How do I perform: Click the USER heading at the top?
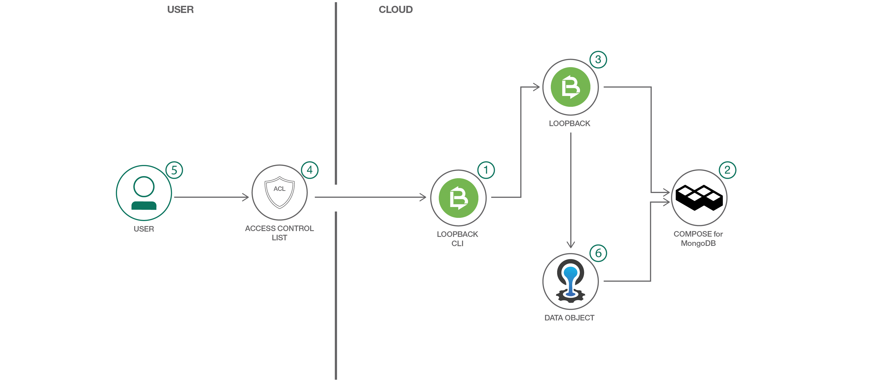tap(180, 10)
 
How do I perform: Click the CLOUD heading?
tap(395, 10)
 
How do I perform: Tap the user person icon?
tap(144, 193)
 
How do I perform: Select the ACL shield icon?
tap(279, 192)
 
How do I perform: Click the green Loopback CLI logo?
tap(458, 198)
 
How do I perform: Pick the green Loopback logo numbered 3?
tap(570, 87)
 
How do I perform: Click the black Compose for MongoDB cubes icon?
tap(699, 197)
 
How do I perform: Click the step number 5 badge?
tap(174, 170)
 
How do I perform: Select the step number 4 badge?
tap(310, 170)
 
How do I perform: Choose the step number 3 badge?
tap(598, 59)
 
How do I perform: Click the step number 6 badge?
tap(598, 253)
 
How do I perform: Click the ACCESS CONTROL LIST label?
tap(279, 233)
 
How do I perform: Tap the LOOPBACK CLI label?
tap(457, 238)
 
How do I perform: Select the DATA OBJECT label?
tap(570, 318)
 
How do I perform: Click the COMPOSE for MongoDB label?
tap(698, 238)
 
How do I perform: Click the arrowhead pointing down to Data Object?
tap(570, 245)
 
